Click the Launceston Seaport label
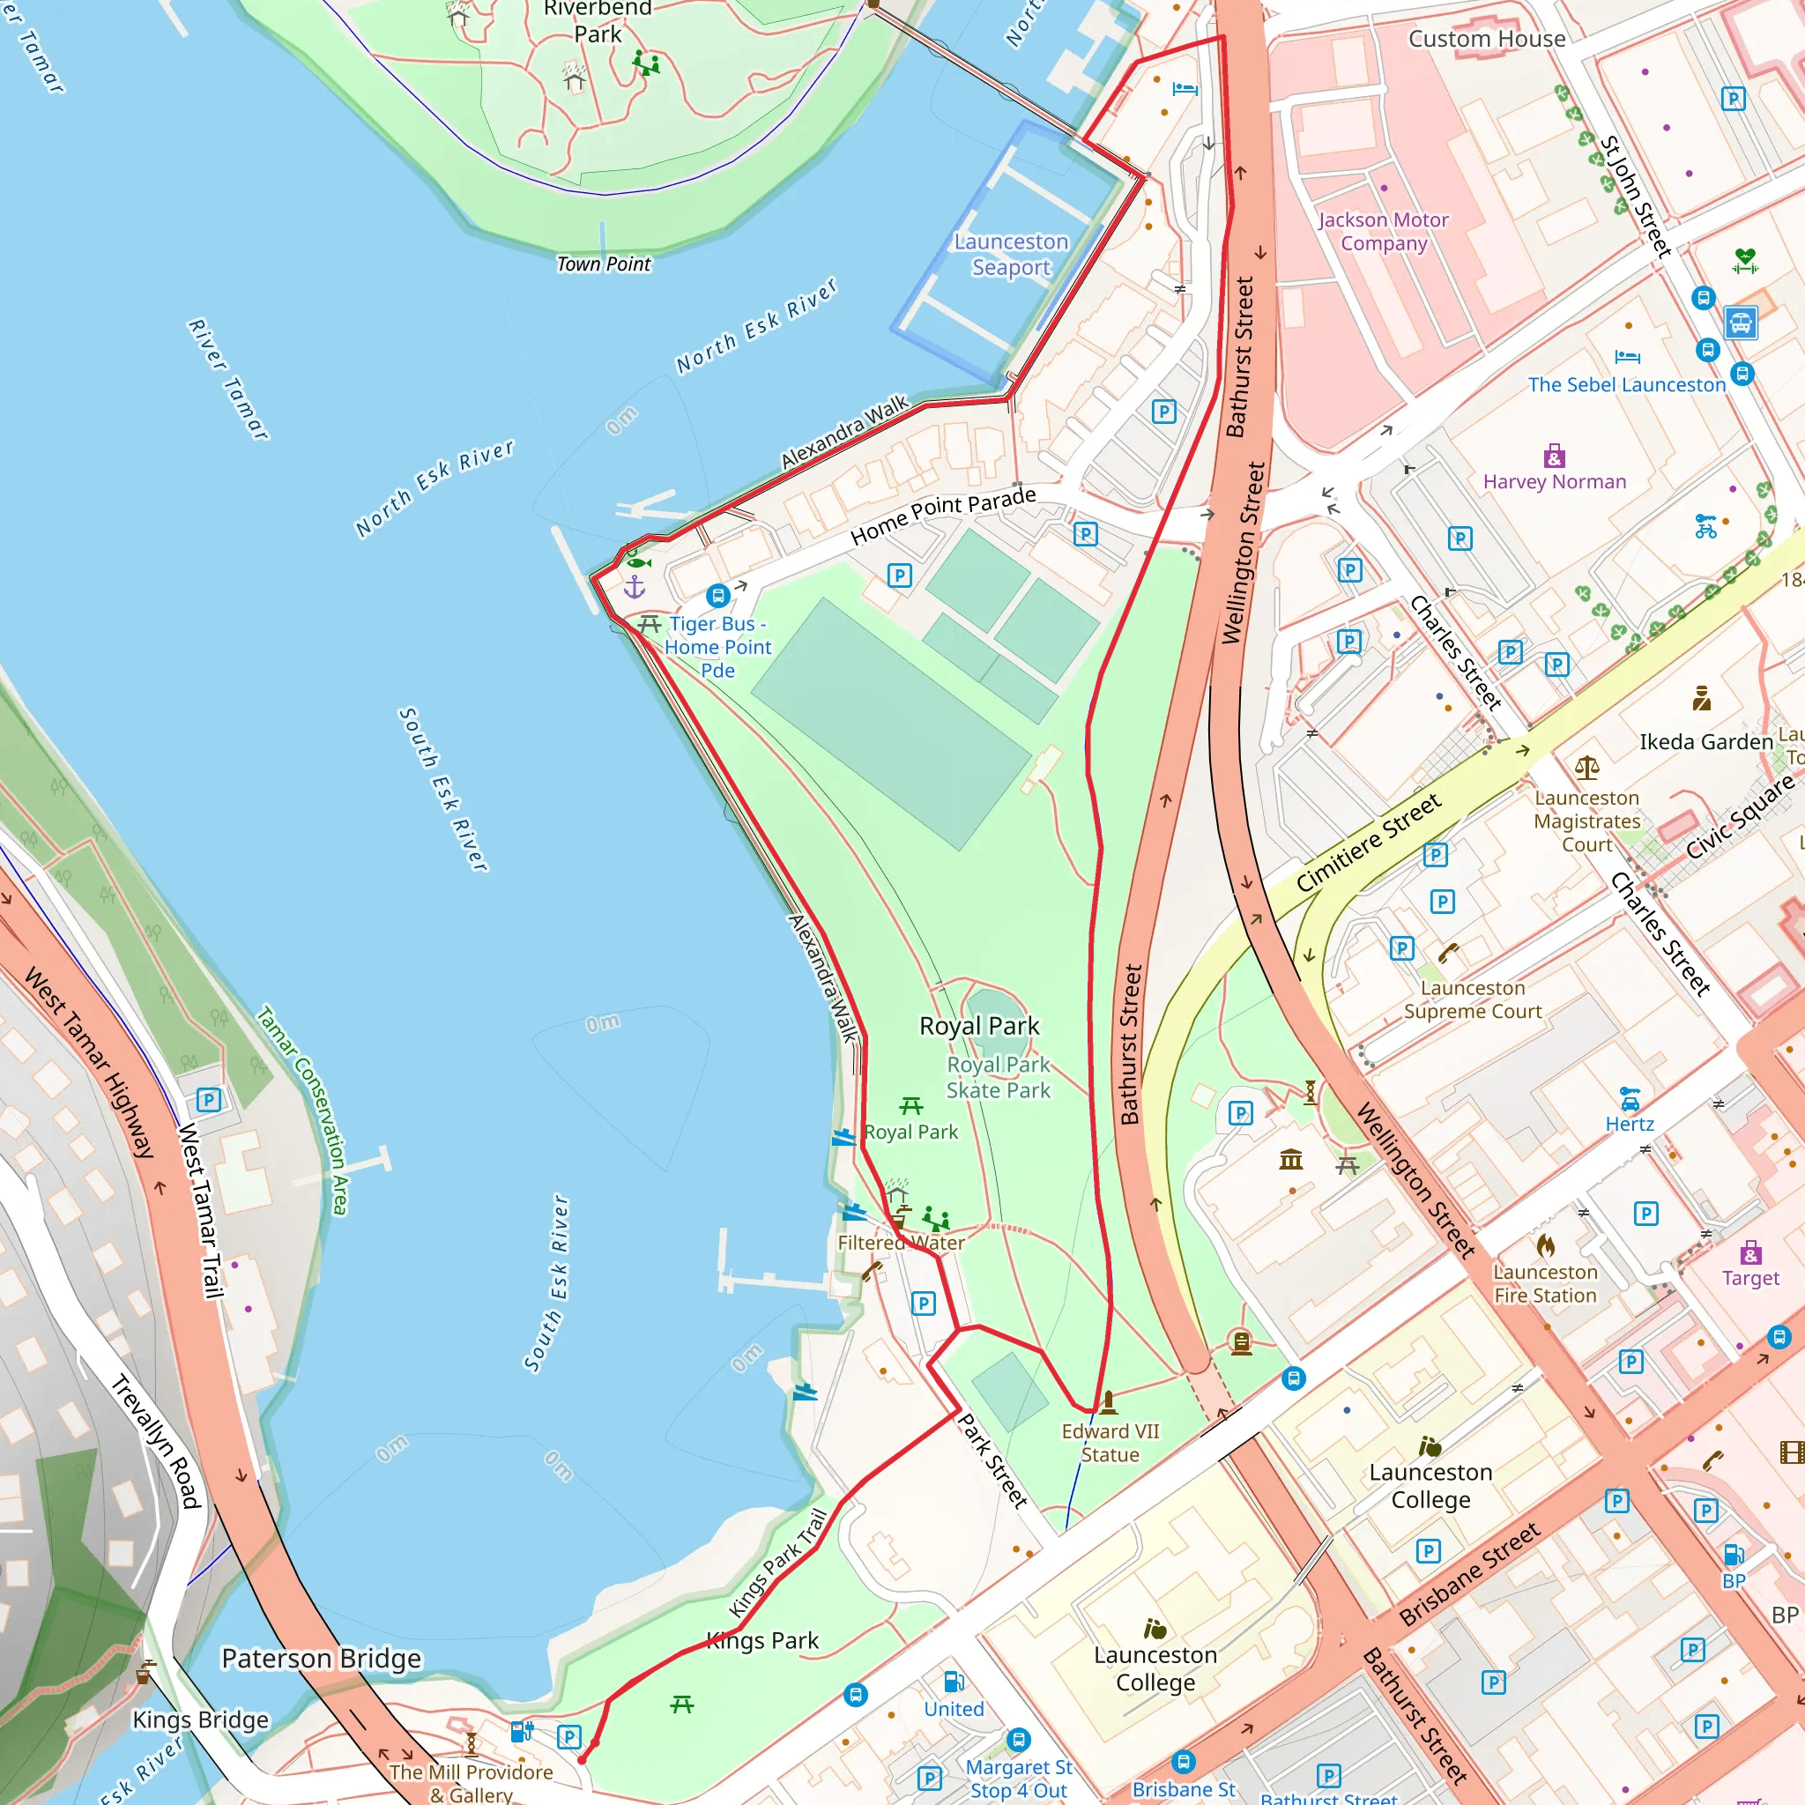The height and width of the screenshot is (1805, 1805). tap(1011, 254)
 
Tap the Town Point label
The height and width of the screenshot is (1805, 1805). tap(604, 264)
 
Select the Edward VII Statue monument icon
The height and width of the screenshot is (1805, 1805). tap(1109, 1401)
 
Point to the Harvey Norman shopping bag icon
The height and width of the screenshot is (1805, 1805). tap(1554, 456)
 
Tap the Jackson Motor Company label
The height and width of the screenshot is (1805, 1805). tap(1383, 231)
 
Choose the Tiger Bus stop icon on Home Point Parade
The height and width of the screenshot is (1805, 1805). tap(717, 595)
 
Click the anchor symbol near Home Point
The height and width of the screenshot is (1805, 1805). tap(635, 587)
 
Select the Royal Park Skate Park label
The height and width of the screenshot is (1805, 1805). tap(998, 1077)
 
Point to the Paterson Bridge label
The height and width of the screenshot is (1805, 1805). tap(322, 1659)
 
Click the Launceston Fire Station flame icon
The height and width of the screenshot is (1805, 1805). tap(1545, 1245)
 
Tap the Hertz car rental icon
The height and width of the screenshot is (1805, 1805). tap(1630, 1098)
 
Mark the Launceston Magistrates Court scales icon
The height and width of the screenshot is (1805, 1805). tap(1586, 768)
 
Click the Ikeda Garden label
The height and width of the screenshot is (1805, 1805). tap(1705, 742)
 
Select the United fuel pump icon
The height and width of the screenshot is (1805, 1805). tap(954, 1682)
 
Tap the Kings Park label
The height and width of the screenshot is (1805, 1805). tap(762, 1640)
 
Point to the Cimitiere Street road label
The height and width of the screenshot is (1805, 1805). tap(1369, 843)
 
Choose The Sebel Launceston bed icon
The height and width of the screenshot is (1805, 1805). tap(1627, 356)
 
